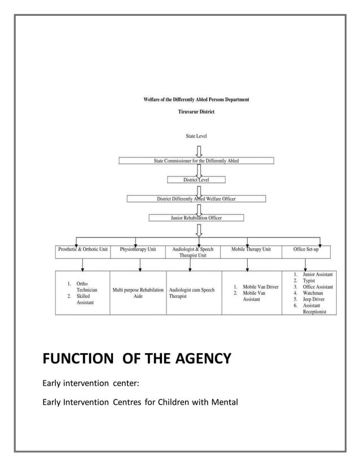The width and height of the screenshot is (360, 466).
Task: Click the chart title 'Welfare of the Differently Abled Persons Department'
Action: pyautogui.click(x=196, y=100)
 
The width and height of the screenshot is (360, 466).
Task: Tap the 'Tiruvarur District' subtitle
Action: pyautogui.click(x=196, y=112)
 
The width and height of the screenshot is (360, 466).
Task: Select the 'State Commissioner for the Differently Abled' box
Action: pyautogui.click(x=196, y=161)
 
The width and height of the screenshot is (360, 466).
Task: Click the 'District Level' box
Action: pyautogui.click(x=196, y=180)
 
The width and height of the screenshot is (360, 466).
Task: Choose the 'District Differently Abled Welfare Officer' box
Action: pyautogui.click(x=196, y=199)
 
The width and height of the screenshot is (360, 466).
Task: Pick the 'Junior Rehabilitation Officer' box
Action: pyautogui.click(x=196, y=218)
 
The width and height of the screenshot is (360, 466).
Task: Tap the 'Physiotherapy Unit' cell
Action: pyautogui.click(x=138, y=249)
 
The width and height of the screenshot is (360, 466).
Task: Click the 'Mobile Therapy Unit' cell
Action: pyautogui.click(x=251, y=249)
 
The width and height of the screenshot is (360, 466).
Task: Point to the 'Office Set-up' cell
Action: pyautogui.click(x=305, y=249)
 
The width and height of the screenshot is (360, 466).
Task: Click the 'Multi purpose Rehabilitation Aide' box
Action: pyautogui.click(x=138, y=293)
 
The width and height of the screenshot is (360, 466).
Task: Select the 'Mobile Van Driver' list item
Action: pyautogui.click(x=260, y=287)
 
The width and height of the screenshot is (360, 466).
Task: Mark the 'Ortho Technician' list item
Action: pyautogui.click(x=82, y=284)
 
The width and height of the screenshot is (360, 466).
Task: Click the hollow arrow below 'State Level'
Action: pyautogui.click(x=199, y=150)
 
